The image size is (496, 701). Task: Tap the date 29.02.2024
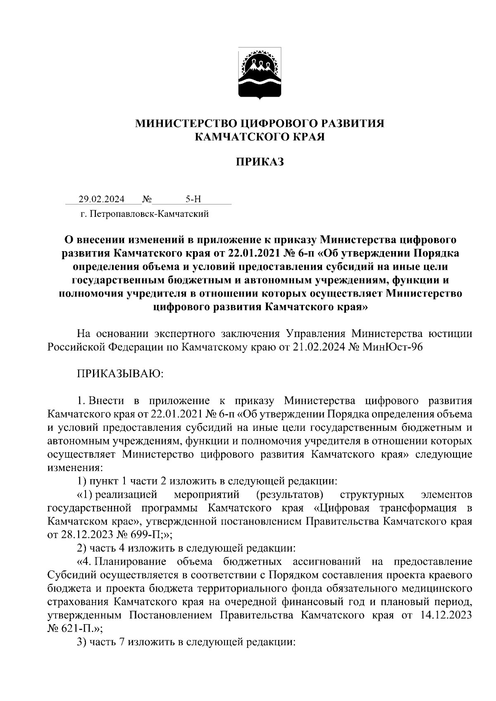[102, 200]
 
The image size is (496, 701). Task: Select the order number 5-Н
[193, 200]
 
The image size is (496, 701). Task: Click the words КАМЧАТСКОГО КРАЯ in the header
[260, 137]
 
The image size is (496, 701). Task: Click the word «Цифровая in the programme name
[341, 507]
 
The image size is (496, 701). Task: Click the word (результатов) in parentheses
[289, 494]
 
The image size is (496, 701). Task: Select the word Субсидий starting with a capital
[71, 575]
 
